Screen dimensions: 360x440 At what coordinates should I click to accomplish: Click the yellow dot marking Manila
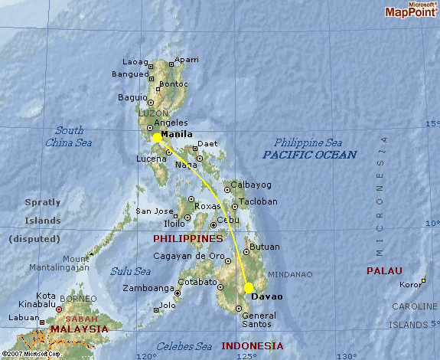click(x=157, y=138)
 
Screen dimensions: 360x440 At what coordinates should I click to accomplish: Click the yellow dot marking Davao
click(x=249, y=288)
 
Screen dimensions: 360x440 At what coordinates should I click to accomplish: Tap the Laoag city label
click(x=136, y=62)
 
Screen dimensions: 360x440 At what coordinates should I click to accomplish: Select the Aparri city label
click(x=187, y=60)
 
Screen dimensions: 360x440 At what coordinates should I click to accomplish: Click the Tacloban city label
click(x=259, y=202)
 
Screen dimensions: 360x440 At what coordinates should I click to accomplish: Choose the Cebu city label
click(x=228, y=219)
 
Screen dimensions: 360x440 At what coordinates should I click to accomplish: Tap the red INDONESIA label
click(x=252, y=346)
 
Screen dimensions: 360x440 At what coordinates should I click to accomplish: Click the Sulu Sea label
click(x=129, y=271)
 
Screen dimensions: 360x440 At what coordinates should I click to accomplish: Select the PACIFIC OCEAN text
click(x=310, y=155)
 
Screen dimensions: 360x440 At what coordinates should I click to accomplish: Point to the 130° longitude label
click(x=347, y=355)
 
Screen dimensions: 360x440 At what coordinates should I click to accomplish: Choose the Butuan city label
click(x=265, y=247)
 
